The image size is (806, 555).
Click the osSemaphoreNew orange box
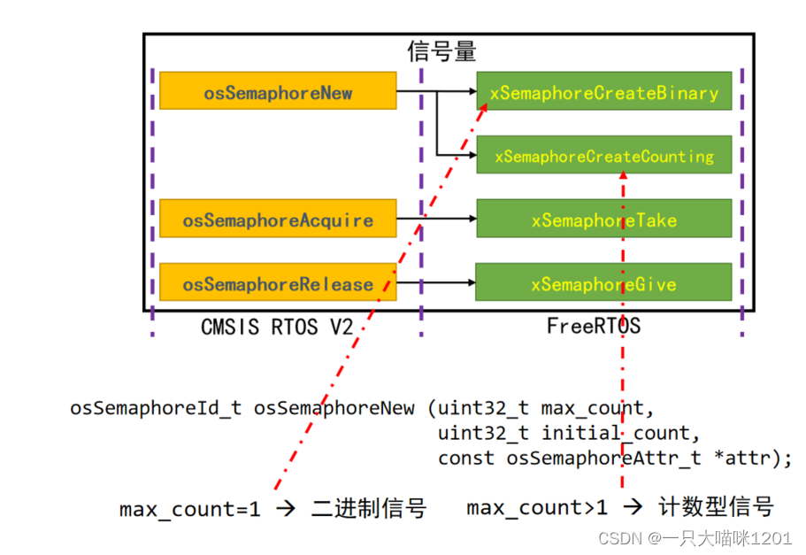[278, 92]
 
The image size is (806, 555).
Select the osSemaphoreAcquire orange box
[278, 220]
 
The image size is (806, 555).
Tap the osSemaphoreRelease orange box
[278, 283]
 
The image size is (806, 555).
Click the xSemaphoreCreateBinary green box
[603, 92]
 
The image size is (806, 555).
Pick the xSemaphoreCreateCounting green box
[603, 156]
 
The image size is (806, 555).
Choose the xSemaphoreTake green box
[603, 220]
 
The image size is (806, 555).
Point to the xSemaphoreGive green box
[603, 283]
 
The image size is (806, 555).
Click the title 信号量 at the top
[441, 50]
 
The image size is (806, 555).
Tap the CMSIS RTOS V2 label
[277, 327]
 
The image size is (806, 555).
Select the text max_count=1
[190, 510]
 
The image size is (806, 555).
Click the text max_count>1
[537, 508]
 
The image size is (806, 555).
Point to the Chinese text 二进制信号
[369, 509]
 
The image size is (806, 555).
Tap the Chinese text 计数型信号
[717, 507]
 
